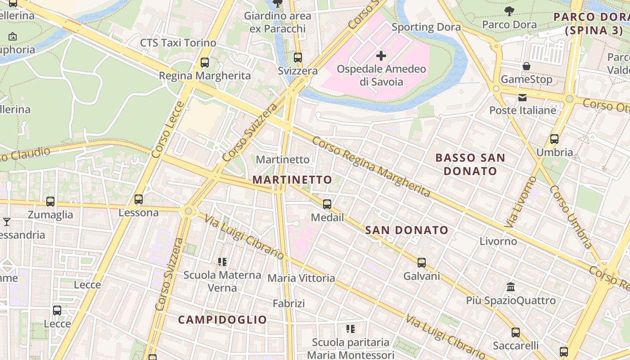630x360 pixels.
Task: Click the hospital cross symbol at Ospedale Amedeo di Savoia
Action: [x=381, y=56]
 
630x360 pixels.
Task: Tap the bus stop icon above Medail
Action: [x=327, y=204]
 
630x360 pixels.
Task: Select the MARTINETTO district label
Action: [x=292, y=180]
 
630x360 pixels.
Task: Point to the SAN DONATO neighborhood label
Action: [x=407, y=230]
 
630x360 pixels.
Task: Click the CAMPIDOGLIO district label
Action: [x=223, y=320]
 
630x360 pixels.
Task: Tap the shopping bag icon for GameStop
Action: [x=526, y=66]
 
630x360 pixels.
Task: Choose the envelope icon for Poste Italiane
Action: [x=522, y=97]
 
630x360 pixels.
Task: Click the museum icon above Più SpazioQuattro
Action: [x=511, y=287]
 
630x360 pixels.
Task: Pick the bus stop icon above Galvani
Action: [x=422, y=263]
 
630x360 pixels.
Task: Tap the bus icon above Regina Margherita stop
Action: [x=205, y=63]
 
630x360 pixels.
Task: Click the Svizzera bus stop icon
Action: [x=297, y=58]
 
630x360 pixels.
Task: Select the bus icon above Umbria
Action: [x=554, y=139]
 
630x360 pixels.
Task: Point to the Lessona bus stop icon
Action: [x=139, y=199]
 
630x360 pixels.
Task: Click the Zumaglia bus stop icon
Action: [x=50, y=202]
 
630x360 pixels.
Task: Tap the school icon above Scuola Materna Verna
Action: [x=222, y=261]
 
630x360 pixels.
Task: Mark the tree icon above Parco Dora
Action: [x=509, y=11]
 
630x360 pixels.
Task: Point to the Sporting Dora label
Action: [x=426, y=27]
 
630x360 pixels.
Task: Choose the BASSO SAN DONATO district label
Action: [x=470, y=164]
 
